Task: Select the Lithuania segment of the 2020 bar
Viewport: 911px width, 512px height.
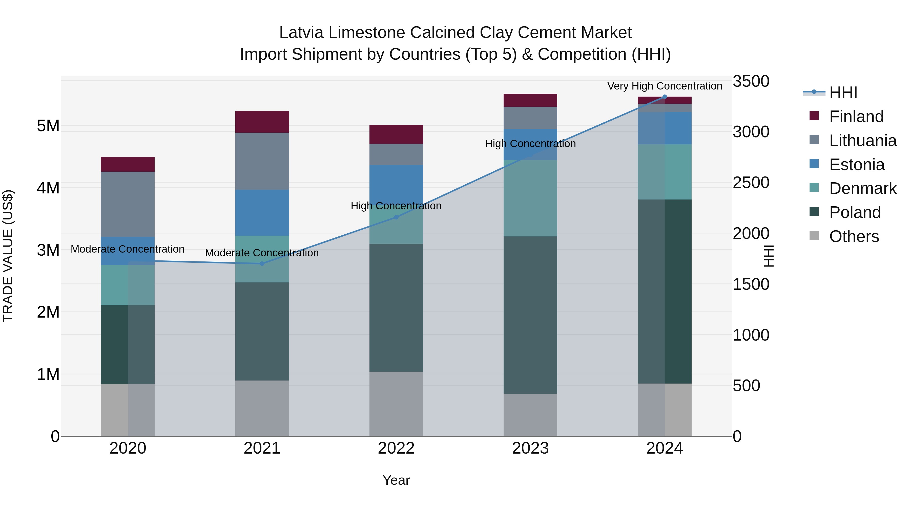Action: point(128,204)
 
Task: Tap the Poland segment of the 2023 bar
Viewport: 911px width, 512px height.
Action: point(530,315)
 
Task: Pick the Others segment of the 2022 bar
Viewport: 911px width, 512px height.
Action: point(396,404)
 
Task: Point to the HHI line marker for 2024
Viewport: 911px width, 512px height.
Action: point(665,97)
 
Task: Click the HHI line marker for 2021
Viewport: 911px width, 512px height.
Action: point(262,264)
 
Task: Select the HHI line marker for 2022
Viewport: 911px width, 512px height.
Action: point(396,217)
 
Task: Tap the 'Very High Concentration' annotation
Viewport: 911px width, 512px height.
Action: point(665,86)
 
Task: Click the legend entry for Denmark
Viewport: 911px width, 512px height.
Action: point(863,188)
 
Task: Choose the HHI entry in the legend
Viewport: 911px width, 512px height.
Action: point(843,93)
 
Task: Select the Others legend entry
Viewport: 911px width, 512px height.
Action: point(854,236)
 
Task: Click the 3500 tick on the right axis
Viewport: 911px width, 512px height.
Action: point(751,81)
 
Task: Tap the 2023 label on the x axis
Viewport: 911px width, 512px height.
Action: point(530,448)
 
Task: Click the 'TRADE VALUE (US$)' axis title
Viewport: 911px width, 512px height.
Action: point(8,256)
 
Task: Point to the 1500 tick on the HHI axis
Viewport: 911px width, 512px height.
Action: point(751,284)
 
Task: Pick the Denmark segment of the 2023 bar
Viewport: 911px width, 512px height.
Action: point(530,198)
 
